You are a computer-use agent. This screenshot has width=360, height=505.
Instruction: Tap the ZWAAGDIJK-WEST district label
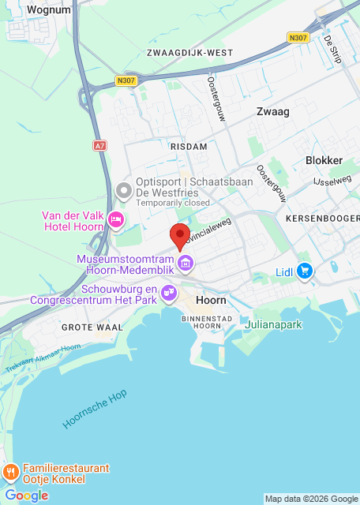click(x=189, y=53)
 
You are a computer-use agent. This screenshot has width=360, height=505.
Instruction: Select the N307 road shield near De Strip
click(x=298, y=37)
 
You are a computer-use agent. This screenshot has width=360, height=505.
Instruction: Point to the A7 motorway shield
click(x=99, y=146)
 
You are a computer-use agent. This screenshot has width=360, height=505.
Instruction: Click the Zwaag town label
click(x=273, y=112)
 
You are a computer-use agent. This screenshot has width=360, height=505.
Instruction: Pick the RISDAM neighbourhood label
click(x=188, y=147)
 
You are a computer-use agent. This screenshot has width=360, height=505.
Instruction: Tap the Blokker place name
click(x=324, y=160)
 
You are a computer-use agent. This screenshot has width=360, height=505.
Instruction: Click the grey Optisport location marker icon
click(x=123, y=191)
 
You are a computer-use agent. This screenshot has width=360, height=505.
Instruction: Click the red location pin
click(x=180, y=235)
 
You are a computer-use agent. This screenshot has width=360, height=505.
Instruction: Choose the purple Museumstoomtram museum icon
click(x=186, y=263)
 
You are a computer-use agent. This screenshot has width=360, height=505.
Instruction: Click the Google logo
click(x=26, y=496)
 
